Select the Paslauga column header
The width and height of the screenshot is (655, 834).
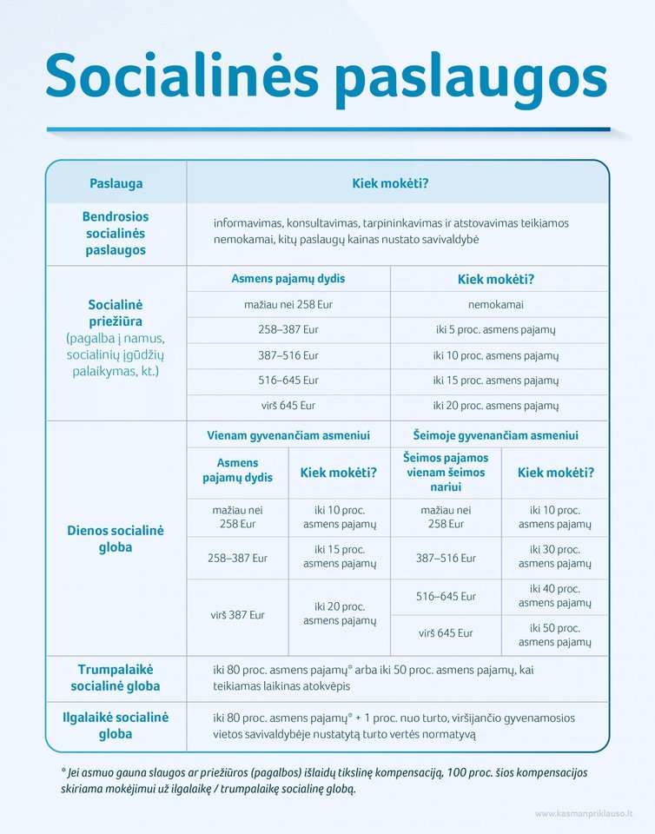[x=116, y=183]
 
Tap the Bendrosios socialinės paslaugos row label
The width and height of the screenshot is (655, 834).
[x=116, y=233]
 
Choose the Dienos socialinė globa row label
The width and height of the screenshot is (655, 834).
[x=116, y=539]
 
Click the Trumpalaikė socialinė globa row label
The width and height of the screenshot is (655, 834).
[x=116, y=677]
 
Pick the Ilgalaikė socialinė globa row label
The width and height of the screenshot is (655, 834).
[x=116, y=725]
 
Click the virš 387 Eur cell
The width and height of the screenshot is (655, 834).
[x=237, y=615]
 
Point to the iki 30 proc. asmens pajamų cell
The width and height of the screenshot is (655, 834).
[x=554, y=556]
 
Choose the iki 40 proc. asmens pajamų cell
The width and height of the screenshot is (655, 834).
[x=554, y=595]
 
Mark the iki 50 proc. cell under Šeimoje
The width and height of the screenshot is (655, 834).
[x=554, y=634]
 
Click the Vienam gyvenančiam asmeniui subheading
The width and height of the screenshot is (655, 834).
[x=288, y=435]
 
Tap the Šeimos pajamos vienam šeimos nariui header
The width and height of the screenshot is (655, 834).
[x=446, y=472]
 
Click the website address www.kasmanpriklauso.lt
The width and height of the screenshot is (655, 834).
[x=583, y=813]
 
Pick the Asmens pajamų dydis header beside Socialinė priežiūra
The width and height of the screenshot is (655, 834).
[x=288, y=279]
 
